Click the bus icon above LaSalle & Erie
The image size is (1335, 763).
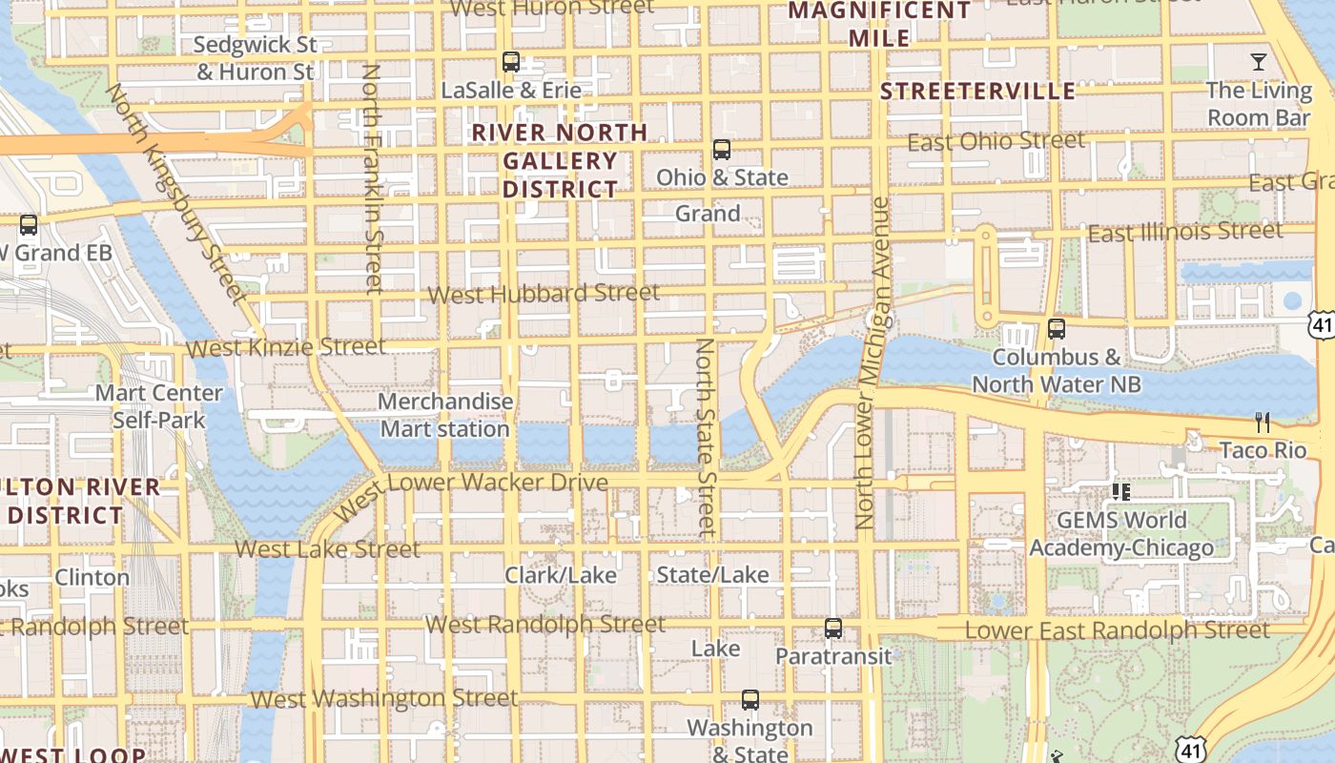coord(511,62)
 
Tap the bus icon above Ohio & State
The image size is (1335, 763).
coord(722,150)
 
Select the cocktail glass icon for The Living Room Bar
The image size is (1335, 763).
coord(1259,62)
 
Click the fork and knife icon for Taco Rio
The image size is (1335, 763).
coord(1263,422)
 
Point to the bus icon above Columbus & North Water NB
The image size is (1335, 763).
coord(1056,329)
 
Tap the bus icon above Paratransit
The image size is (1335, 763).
coord(833,629)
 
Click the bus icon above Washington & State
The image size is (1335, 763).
coord(750,700)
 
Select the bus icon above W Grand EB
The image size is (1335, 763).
coord(29,226)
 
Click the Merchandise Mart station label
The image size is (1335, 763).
coord(445,416)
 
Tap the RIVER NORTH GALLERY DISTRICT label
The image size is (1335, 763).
coord(560,160)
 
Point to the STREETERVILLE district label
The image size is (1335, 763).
coord(977,92)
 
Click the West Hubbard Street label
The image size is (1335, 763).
coord(544,294)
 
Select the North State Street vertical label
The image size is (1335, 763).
coord(705,435)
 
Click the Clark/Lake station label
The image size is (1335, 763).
coord(561,575)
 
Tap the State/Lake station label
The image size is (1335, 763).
coord(712,574)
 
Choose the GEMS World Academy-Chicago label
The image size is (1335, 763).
coord(1121,534)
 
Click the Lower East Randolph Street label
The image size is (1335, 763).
coord(1117,630)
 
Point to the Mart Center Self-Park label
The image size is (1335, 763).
coord(159,406)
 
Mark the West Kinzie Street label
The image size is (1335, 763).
coord(286,347)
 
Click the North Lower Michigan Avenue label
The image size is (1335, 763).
coord(872,362)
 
